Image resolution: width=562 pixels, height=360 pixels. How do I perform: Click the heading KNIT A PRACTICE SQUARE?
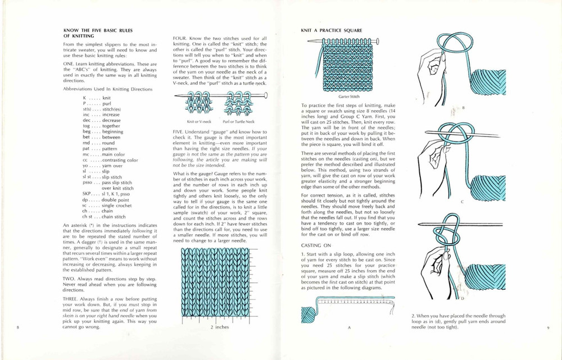point(330,29)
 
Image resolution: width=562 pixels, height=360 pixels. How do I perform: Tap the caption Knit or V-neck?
point(199,121)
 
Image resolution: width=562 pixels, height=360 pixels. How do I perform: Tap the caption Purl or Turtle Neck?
point(238,121)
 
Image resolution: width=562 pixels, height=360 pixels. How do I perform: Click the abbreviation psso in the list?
point(88,183)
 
